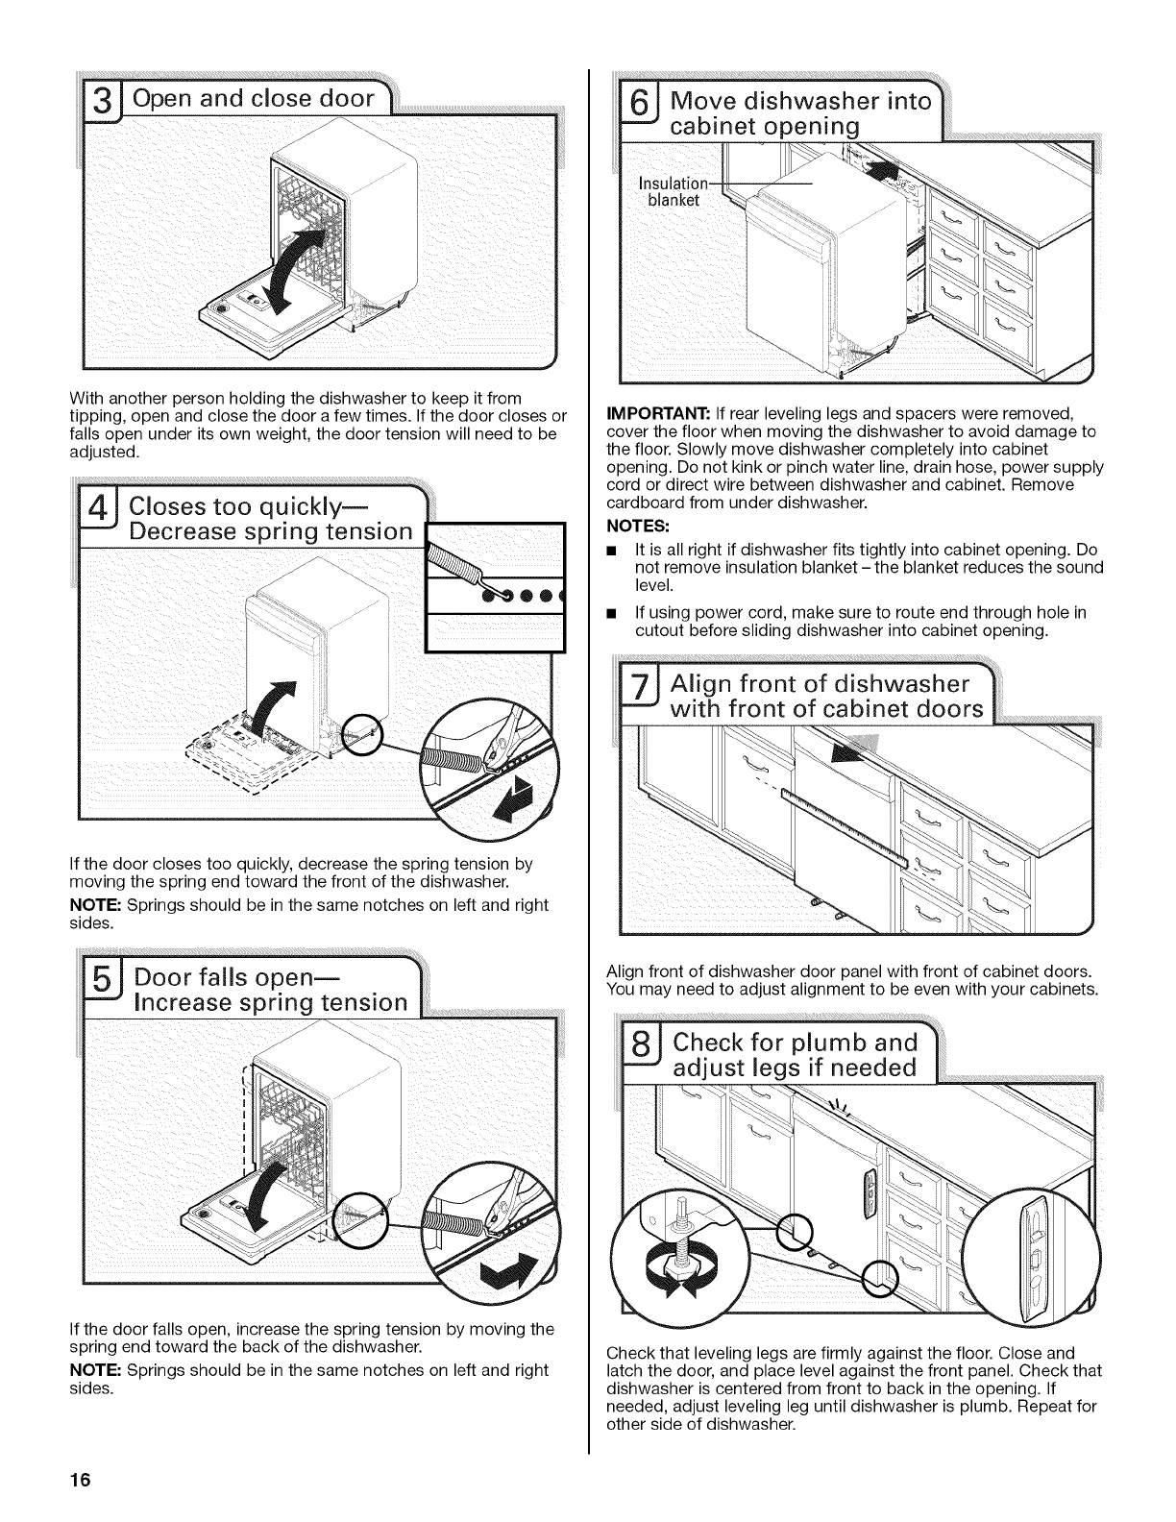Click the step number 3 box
(x=108, y=99)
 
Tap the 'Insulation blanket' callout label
(x=675, y=191)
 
